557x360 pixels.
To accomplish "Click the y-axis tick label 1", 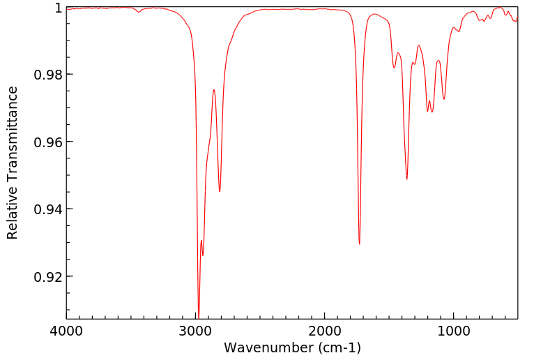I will (58, 8).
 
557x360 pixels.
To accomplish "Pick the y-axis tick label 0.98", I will (47, 75).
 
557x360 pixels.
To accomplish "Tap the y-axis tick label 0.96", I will (47, 142).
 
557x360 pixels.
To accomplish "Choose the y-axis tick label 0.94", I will (47, 209).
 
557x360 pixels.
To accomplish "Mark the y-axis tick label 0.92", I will (47, 277).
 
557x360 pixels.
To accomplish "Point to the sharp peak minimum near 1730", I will (360, 243).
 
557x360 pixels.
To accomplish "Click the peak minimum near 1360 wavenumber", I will (407, 179).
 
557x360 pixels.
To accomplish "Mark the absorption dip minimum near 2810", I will (220, 191).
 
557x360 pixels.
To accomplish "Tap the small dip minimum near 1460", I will (394, 68).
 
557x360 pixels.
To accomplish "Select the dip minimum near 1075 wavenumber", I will (444, 99).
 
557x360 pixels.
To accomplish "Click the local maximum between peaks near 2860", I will (214, 90).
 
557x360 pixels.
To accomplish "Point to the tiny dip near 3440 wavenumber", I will (139, 12).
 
